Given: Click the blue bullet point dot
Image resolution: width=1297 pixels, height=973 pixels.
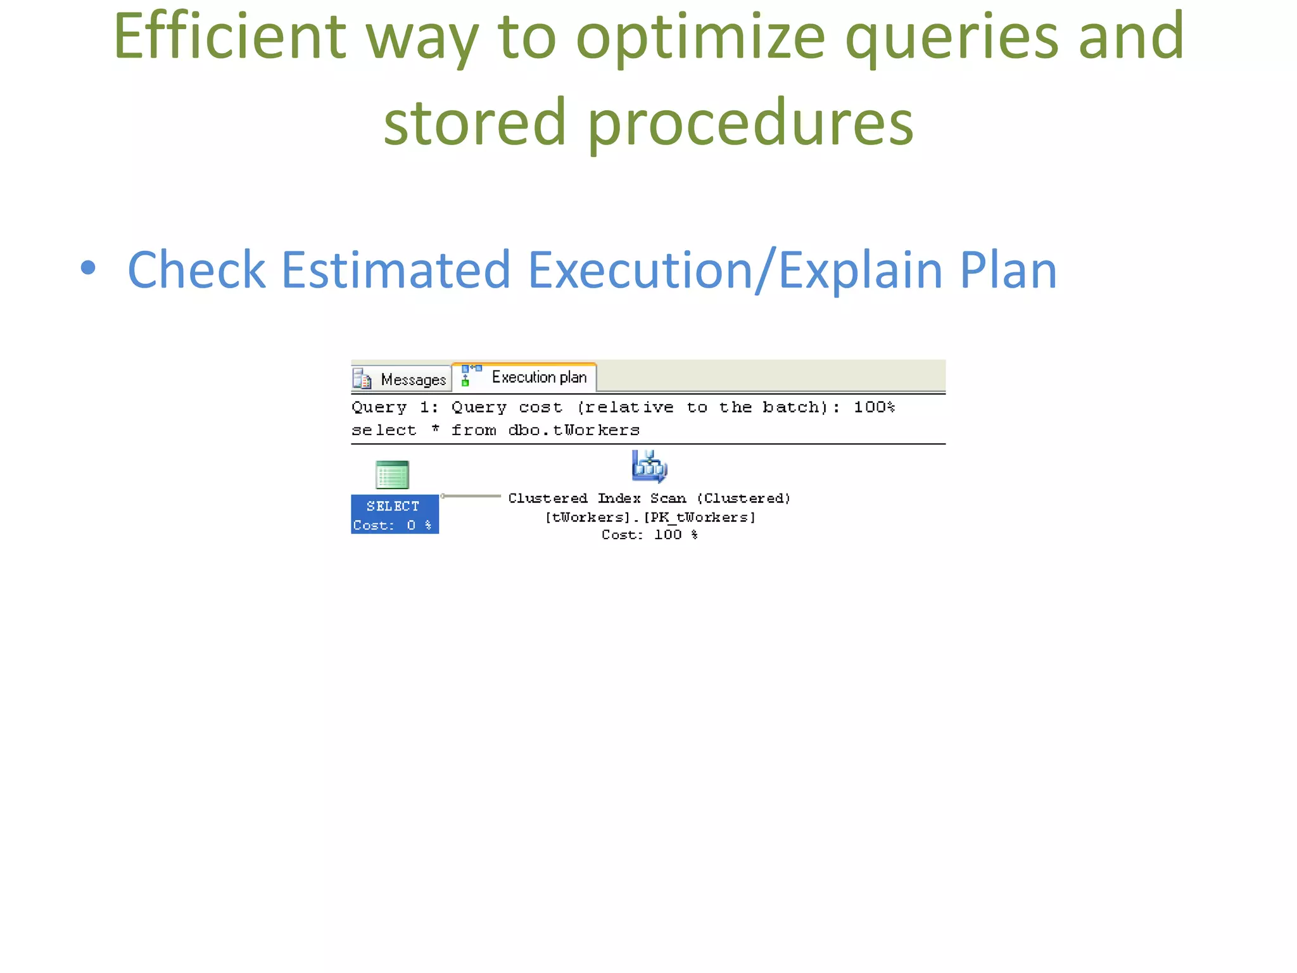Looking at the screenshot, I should click(89, 268).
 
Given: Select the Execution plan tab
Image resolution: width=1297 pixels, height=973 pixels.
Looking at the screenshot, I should click(538, 378).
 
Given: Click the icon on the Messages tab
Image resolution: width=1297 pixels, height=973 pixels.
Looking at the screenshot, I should click(362, 379).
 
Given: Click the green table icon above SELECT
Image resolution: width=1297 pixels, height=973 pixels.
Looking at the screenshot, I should click(392, 475).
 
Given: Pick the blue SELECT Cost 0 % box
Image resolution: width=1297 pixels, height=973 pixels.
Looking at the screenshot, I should click(395, 514).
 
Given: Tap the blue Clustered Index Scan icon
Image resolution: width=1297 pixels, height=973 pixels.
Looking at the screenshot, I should click(649, 467).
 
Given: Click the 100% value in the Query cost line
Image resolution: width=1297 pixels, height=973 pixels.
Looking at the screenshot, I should click(873, 407).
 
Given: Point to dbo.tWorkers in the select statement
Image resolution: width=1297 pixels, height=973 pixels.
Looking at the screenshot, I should click(574, 431).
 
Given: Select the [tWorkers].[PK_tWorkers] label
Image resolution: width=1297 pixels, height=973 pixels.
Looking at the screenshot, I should click(650, 518).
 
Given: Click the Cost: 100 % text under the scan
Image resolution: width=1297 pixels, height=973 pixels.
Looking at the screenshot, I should click(650, 535).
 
